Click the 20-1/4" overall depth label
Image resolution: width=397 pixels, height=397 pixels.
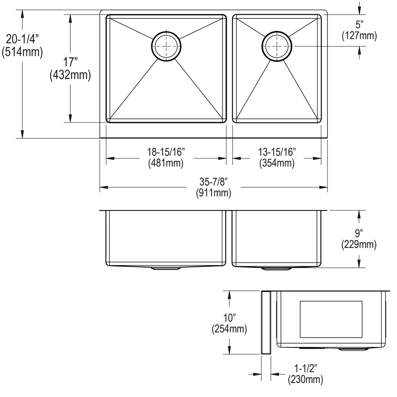(x=22, y=40)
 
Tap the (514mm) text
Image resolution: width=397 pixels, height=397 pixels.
(x=22, y=52)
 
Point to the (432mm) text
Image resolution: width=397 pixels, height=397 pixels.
(x=70, y=75)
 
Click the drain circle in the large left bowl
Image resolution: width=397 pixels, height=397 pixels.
(x=166, y=47)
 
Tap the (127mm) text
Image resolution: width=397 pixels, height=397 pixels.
(x=359, y=35)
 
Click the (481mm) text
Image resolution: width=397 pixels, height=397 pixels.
(x=166, y=163)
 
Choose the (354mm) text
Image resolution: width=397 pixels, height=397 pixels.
(x=277, y=163)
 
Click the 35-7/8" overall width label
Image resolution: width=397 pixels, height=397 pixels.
(x=214, y=181)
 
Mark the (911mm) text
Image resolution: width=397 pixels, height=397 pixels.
(x=214, y=193)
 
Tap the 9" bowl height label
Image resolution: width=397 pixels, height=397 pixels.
(x=359, y=234)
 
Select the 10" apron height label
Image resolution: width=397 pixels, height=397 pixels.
(x=229, y=318)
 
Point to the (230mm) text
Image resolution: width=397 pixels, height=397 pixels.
(x=305, y=379)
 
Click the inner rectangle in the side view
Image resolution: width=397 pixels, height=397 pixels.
(x=331, y=320)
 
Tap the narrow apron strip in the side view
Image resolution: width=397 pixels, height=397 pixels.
(x=266, y=323)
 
